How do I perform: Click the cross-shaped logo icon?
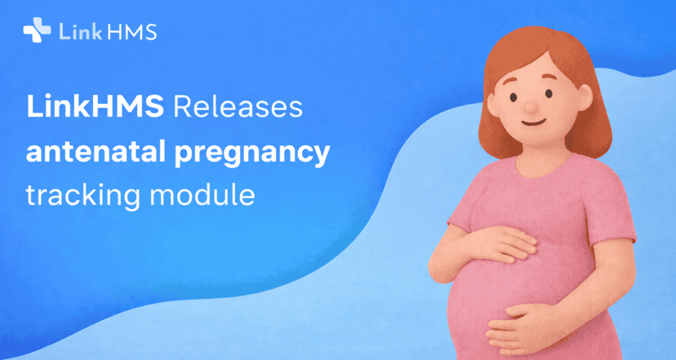tap(37, 31)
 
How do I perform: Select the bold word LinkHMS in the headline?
tap(92, 108)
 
